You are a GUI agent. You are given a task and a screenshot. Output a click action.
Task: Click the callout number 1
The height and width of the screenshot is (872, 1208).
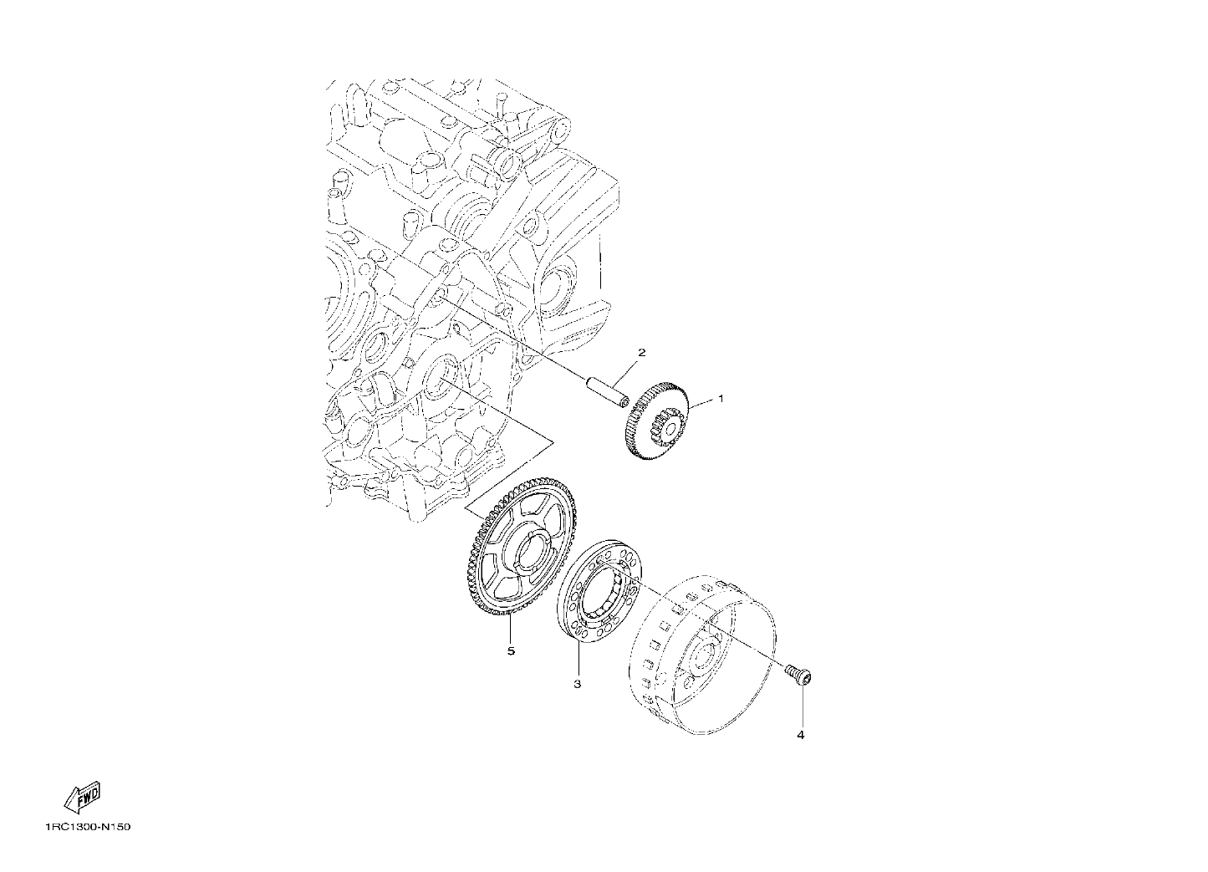pyautogui.click(x=721, y=399)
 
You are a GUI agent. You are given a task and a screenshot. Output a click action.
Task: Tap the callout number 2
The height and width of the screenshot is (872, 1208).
pyautogui.click(x=641, y=353)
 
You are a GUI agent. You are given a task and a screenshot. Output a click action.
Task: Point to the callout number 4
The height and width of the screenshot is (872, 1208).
pyautogui.click(x=801, y=735)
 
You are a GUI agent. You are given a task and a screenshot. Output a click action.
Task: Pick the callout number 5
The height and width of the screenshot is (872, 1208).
pyautogui.click(x=511, y=651)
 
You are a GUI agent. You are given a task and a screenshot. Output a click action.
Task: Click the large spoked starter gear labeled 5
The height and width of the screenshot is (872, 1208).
pyautogui.click(x=519, y=544)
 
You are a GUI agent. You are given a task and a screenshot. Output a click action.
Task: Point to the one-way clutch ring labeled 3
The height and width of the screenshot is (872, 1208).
pyautogui.click(x=599, y=598)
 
